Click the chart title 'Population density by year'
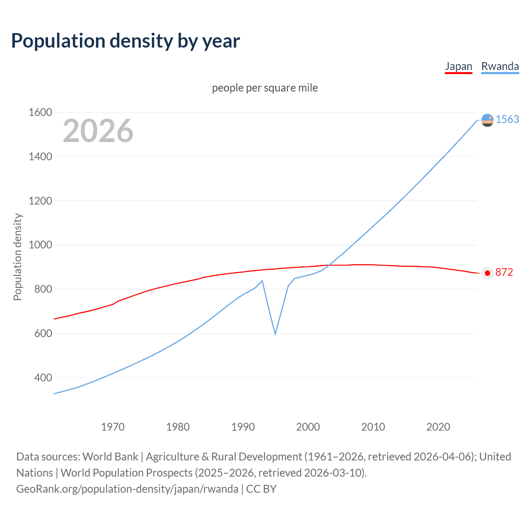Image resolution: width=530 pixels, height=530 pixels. [x=125, y=41]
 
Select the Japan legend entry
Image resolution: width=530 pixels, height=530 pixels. [x=458, y=66]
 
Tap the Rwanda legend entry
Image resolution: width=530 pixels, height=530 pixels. [x=500, y=66]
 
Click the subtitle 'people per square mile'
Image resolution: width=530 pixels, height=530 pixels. [x=265, y=88]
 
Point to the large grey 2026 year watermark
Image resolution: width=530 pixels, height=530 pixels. [x=98, y=131]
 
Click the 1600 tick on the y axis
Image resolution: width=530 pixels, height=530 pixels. [x=40, y=112]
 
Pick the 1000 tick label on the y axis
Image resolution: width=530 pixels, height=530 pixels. [x=40, y=245]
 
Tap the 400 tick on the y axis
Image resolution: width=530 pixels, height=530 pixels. [x=43, y=378]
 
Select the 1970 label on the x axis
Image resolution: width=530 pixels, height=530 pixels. [x=113, y=427]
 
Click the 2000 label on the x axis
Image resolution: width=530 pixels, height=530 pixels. [x=308, y=427]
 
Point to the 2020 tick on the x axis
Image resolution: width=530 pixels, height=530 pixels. [x=438, y=427]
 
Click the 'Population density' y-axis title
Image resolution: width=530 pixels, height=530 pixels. [x=17, y=257]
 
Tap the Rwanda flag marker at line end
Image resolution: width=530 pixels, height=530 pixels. [x=487, y=120]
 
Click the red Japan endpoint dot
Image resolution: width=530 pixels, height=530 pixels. [x=487, y=273]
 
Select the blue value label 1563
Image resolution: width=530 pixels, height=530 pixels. [x=507, y=119]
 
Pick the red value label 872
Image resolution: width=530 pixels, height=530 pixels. [x=504, y=272]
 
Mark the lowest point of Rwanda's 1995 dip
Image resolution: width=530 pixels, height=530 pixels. [x=275, y=334]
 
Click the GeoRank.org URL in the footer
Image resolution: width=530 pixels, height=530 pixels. [x=127, y=489]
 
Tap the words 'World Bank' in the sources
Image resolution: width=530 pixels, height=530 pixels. [x=110, y=457]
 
